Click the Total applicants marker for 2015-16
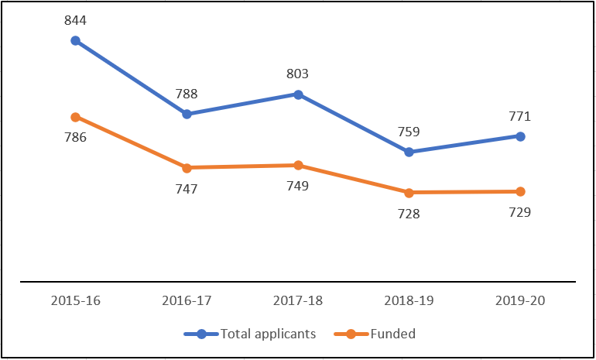pos(75,40)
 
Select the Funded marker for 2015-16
pos(75,117)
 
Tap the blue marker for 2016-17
pos(187,114)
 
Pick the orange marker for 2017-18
pos(298,165)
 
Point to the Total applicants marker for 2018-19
pos(409,152)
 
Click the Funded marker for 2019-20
pos(520,191)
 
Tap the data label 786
pos(75,138)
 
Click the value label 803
pos(298,74)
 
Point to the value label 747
pos(187,188)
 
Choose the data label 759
pos(409,131)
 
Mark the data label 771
pos(520,116)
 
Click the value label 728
pos(409,213)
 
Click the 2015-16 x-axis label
pos(75,302)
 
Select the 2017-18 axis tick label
pos(298,302)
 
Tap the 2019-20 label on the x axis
pos(520,302)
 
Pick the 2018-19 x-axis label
pos(409,302)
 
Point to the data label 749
pos(298,186)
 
